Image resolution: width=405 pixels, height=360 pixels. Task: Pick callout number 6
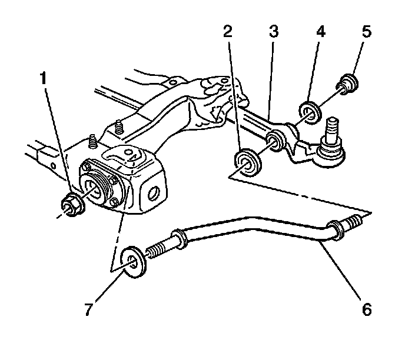click(x=366, y=308)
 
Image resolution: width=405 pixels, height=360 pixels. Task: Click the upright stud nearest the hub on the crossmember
click(x=93, y=143)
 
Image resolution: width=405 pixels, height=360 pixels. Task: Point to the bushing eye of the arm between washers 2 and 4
click(x=275, y=142)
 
